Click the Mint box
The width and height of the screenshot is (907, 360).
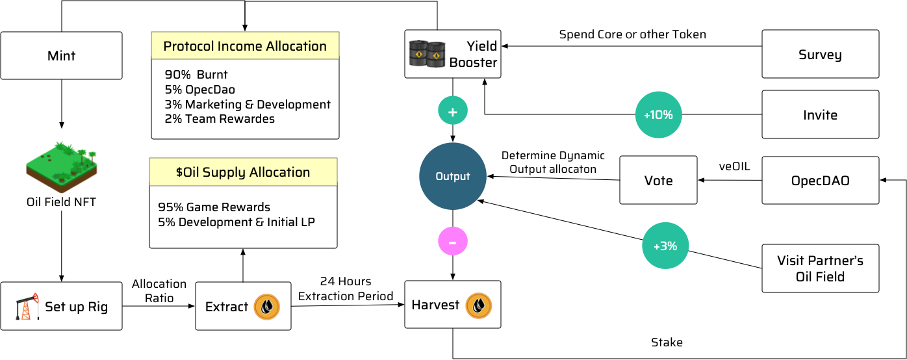point(61,56)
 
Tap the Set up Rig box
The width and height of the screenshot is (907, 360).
point(61,306)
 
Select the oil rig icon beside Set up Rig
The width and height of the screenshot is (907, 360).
point(25,307)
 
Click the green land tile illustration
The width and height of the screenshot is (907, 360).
point(62,166)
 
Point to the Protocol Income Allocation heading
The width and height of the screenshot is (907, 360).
point(245,46)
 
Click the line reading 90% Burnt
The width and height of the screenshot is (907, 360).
point(196,75)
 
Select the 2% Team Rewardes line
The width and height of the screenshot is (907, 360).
point(220,119)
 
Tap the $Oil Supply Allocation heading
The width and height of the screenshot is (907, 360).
point(243,172)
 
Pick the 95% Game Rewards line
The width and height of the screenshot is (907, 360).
point(214,207)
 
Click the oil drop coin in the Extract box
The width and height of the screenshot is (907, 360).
point(266,307)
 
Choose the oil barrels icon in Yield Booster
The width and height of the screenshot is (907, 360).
point(427,55)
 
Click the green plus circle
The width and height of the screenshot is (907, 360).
point(453,112)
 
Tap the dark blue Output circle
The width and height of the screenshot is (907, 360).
point(453,176)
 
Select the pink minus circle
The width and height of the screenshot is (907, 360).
point(453,242)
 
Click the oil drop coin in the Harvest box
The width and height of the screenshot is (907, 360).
point(479,305)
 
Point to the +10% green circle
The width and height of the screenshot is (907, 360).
point(658,115)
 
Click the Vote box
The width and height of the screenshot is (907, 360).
point(658,180)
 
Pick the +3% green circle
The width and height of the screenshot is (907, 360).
point(665,246)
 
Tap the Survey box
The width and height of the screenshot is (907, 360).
point(820,55)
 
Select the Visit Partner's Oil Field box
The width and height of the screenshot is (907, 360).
point(820,268)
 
